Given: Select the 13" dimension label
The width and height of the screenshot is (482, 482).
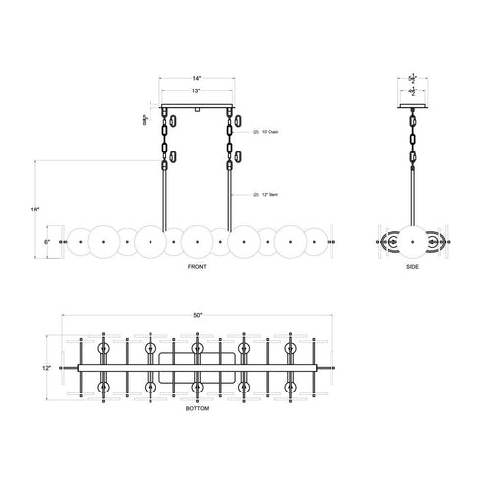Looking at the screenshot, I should (x=197, y=90).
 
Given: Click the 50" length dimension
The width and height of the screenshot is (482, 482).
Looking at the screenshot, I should (x=197, y=314).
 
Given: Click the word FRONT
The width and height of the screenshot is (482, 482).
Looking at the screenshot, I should (x=197, y=267).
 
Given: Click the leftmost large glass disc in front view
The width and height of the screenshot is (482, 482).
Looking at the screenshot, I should (x=100, y=240).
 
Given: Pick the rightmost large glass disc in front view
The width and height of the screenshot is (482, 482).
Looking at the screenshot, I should (x=292, y=240).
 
